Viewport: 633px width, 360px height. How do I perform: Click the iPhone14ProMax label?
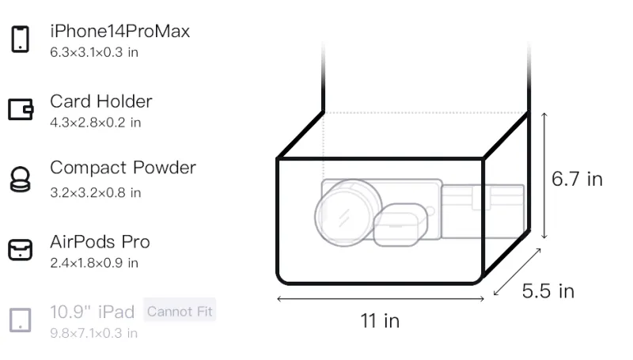pyautogui.click(x=120, y=32)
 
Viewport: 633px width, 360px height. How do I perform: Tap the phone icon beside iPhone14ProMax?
pyautogui.click(x=21, y=39)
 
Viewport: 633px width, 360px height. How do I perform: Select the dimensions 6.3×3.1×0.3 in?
pyautogui.click(x=94, y=52)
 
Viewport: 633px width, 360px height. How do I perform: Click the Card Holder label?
pyautogui.click(x=101, y=101)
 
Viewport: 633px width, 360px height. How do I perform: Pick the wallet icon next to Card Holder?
pyautogui.click(x=21, y=109)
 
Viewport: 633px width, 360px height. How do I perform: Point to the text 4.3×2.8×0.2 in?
pyautogui.click(x=95, y=123)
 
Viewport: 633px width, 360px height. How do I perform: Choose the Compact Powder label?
pyautogui.click(x=123, y=168)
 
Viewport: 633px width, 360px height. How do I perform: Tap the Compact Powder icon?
pyautogui.click(x=21, y=179)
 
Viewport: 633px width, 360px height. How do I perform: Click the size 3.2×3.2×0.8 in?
pyautogui.click(x=95, y=192)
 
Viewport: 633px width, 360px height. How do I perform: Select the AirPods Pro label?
pyautogui.click(x=100, y=242)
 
